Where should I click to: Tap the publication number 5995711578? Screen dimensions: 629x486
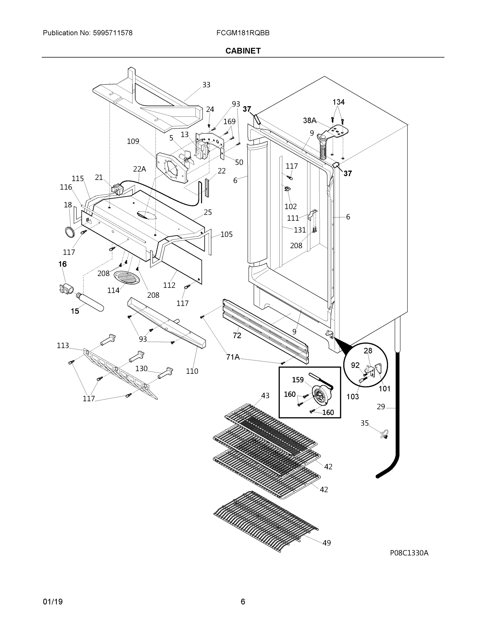point(113,33)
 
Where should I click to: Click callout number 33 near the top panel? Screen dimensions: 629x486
point(206,85)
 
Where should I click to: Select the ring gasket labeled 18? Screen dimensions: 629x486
point(70,232)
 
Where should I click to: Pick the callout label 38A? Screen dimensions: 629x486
point(309,120)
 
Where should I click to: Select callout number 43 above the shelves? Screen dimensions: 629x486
point(265,395)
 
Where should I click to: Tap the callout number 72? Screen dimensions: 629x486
point(237,335)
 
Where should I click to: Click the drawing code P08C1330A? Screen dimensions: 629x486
point(409,553)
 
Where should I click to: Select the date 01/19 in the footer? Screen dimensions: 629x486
point(53,602)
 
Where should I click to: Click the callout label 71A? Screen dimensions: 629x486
point(233,357)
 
